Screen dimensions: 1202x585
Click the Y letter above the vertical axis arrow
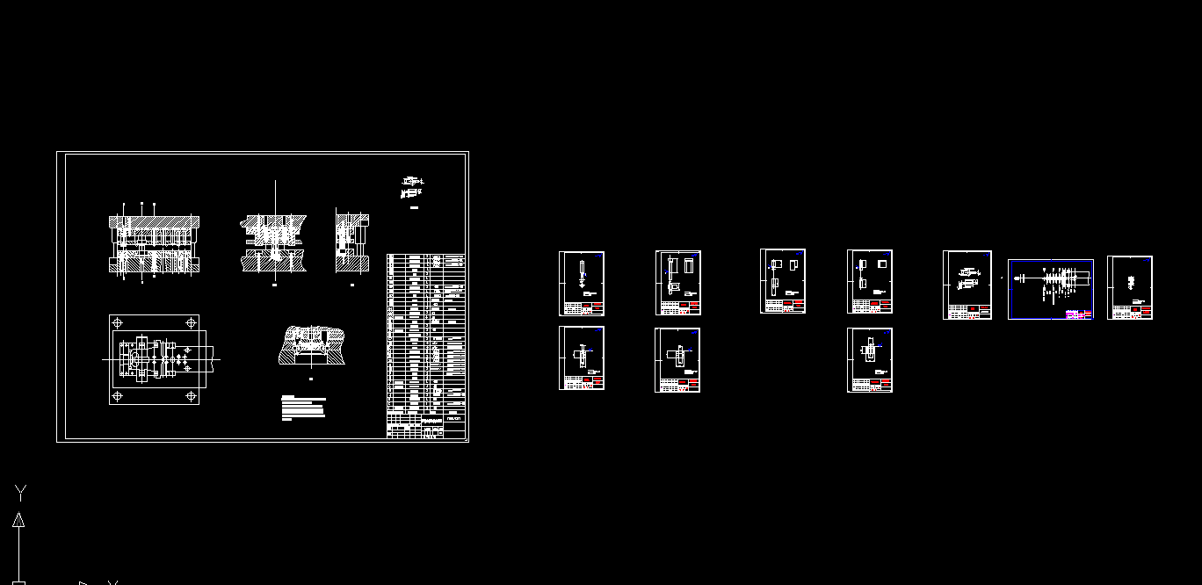tap(20, 492)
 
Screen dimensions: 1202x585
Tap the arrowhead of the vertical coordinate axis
tap(18, 520)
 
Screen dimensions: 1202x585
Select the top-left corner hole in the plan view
tap(119, 323)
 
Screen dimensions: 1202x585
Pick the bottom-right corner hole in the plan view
tap(191, 397)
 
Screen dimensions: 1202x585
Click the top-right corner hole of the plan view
tap(191, 323)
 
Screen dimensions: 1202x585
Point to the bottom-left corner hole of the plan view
tap(119, 397)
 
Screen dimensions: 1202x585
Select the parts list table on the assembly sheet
tap(426, 334)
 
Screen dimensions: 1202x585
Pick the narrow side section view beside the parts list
tap(351, 242)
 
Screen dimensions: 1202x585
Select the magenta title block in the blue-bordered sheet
tap(1079, 314)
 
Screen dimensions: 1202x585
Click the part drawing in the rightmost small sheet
tap(1131, 282)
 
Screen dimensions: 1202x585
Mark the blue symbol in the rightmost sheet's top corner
tap(1147, 260)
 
